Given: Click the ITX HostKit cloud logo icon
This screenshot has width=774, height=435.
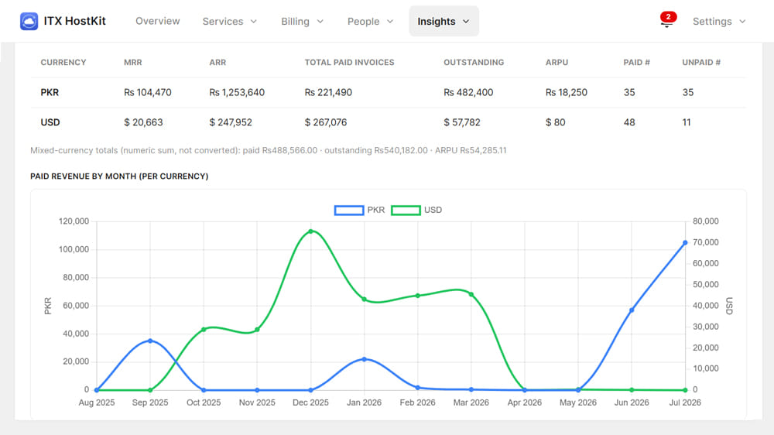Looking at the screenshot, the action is point(29,21).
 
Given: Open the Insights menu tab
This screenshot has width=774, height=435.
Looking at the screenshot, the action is point(444,21).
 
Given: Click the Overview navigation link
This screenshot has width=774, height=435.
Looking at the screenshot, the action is point(157,21).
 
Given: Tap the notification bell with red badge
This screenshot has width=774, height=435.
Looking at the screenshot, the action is point(667,20).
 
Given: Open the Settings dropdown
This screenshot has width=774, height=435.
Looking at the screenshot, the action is point(719,21).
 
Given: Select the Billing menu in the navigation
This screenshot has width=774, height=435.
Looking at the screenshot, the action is point(302,21).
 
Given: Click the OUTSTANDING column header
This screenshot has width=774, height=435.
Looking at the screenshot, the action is point(474,62).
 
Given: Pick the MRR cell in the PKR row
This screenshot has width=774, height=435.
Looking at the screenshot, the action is point(148,92).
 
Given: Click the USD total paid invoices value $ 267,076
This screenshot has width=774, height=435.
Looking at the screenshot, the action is point(326,122).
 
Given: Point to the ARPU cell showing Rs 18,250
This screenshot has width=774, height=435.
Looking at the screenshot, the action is point(567,92).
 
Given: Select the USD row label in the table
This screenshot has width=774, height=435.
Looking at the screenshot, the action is point(50,122).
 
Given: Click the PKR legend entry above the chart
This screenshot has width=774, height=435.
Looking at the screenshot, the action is point(359,211).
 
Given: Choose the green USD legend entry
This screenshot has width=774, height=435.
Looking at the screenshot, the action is point(416,211).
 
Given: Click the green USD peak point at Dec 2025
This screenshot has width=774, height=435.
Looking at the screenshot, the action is point(310,231).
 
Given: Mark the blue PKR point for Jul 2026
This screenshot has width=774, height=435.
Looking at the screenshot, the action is point(685,243).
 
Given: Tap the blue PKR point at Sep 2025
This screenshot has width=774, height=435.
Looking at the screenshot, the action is point(150,341).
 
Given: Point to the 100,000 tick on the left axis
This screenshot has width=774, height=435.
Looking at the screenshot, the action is point(74,249).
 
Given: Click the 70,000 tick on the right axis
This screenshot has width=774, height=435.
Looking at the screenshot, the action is point(705,242).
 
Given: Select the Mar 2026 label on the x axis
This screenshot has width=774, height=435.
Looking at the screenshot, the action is point(471,402).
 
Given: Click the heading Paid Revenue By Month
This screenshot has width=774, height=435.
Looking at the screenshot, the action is point(119,176).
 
